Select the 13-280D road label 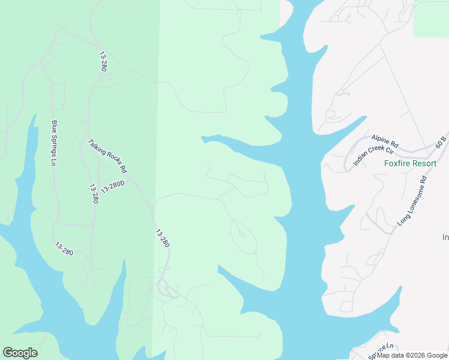click(x=113, y=187)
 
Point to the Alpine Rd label click(x=385, y=141)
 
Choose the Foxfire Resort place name click(x=411, y=163)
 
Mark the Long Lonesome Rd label click(x=412, y=200)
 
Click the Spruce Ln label click(x=381, y=351)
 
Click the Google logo click(x=20, y=353)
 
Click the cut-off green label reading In click(x=445, y=237)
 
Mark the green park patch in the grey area click(x=430, y=18)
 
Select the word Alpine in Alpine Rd click(x=381, y=140)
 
